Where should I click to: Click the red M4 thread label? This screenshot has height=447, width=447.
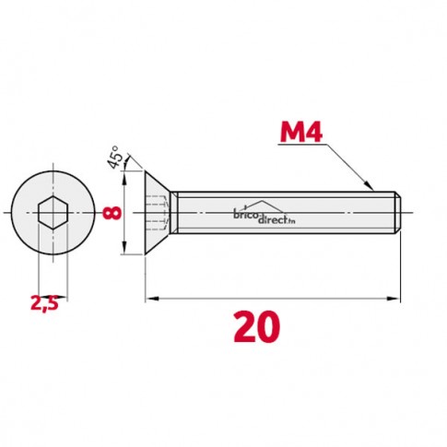click(301, 132)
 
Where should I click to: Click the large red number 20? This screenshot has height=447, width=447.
click(257, 326)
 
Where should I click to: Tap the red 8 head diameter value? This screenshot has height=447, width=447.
click(112, 213)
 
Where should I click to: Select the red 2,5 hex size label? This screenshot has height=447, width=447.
click(44, 304)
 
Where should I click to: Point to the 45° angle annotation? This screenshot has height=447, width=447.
click(114, 157)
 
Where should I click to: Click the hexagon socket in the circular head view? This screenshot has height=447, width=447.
click(53, 213)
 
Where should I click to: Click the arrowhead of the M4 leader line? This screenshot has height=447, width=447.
click(369, 185)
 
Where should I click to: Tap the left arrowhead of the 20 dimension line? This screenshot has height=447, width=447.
click(152, 299)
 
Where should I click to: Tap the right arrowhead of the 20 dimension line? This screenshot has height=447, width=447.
click(394, 299)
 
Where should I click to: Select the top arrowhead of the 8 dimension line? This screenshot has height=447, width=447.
click(124, 178)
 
